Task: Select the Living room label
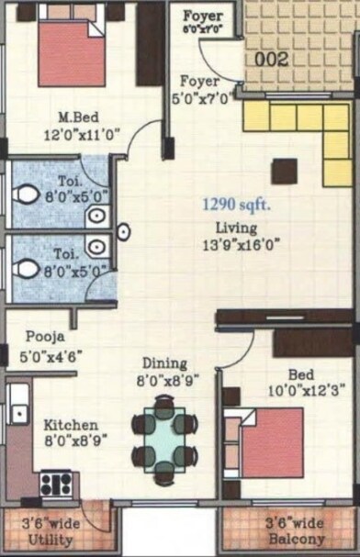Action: coord(237,228)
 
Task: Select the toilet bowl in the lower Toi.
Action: coord(26,269)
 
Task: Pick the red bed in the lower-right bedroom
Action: coord(271,440)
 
